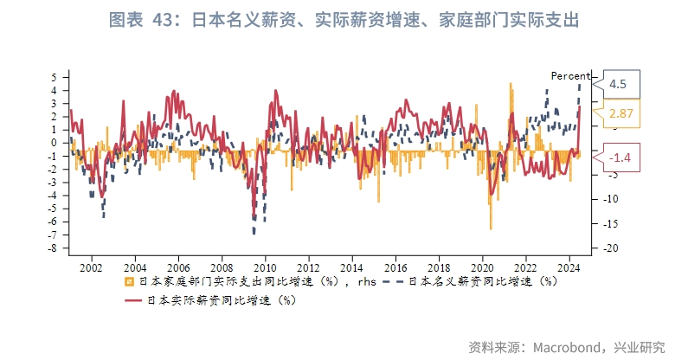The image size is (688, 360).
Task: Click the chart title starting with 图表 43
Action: [x=344, y=20]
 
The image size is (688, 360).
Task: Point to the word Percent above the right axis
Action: [x=570, y=76]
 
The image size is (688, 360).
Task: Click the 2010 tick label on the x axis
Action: [x=265, y=268]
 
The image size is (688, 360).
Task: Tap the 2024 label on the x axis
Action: [x=569, y=268]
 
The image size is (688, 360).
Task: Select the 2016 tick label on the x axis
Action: [x=395, y=268]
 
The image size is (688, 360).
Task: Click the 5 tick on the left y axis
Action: [x=55, y=77]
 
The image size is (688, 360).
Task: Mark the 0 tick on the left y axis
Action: [x=55, y=143]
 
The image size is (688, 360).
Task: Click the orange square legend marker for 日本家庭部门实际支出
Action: [x=129, y=281]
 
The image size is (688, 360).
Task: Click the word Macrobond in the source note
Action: [x=567, y=347]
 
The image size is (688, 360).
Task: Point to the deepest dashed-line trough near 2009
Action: [x=254, y=233]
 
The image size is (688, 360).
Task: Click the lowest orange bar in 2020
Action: [x=491, y=228]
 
